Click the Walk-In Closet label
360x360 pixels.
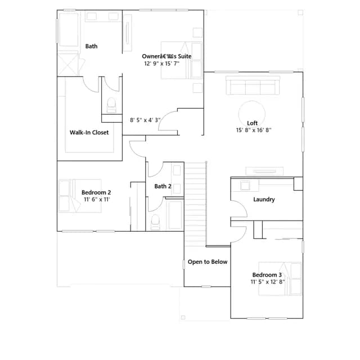click(x=89, y=133)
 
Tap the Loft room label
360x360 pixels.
click(x=252, y=123)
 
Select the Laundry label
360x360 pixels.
click(x=264, y=199)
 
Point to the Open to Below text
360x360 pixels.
click(x=208, y=262)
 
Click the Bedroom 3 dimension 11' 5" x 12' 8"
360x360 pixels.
click(x=268, y=282)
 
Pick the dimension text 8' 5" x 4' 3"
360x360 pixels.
click(x=145, y=120)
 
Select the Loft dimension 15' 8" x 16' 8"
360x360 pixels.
click(x=254, y=130)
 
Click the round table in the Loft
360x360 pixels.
click(x=252, y=114)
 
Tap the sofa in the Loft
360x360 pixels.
click(x=253, y=85)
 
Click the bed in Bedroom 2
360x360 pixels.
click(x=80, y=196)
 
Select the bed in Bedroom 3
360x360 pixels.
click(x=280, y=278)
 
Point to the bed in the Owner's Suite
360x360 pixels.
click(x=182, y=60)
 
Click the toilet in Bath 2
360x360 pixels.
click(x=155, y=222)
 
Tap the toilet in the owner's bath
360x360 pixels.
click(x=111, y=105)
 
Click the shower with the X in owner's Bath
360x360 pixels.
click(x=68, y=65)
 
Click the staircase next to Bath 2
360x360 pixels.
click(x=196, y=204)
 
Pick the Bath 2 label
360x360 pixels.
click(x=163, y=186)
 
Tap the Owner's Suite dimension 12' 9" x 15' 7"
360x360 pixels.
click(x=161, y=64)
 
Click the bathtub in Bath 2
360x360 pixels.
click(x=175, y=215)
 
